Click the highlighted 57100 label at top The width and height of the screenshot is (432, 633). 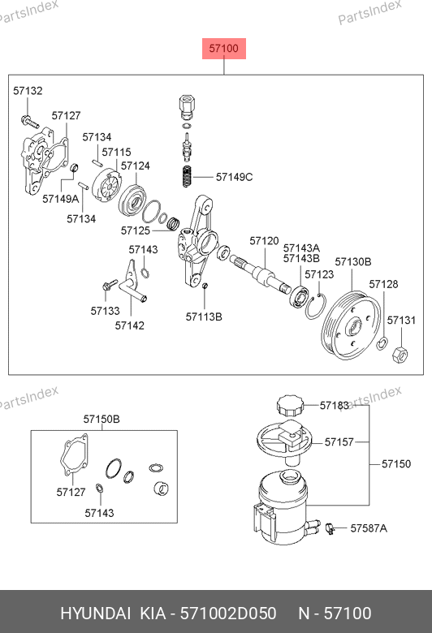[x=224, y=49]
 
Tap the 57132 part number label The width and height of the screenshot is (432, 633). [x=28, y=91]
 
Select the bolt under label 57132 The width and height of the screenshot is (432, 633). [x=30, y=121]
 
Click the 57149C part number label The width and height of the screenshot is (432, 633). [x=234, y=177]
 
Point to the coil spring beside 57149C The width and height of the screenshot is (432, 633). [x=186, y=177]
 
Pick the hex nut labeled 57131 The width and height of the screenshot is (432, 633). [x=400, y=354]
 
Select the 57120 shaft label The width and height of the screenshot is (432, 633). [x=264, y=241]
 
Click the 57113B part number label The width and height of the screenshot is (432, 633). [x=204, y=316]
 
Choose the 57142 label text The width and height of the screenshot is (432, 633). [x=130, y=325]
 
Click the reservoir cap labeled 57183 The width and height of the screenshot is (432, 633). [x=289, y=406]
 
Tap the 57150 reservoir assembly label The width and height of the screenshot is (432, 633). [x=396, y=464]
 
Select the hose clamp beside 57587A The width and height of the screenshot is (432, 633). [x=330, y=528]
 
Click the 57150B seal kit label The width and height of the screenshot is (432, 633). [x=102, y=419]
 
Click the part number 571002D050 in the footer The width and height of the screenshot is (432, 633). [x=228, y=614]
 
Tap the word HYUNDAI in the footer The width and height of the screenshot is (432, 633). [x=95, y=614]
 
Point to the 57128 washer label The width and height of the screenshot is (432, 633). [x=383, y=284]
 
